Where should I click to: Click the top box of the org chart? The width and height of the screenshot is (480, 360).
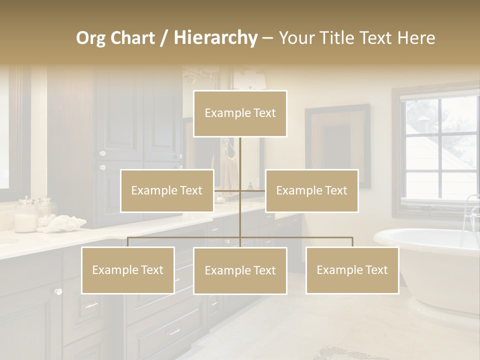(x=240, y=113)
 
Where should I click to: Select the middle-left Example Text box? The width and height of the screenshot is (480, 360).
(x=167, y=191)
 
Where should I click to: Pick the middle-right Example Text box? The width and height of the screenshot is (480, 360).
(x=311, y=191)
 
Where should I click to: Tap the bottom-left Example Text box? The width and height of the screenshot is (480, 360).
(x=127, y=270)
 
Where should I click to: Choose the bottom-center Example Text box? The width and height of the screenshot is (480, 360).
(x=240, y=271)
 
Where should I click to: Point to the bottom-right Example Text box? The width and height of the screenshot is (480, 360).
(x=352, y=270)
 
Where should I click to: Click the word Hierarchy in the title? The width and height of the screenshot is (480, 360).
(x=215, y=37)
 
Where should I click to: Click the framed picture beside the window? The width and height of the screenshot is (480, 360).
(x=338, y=145)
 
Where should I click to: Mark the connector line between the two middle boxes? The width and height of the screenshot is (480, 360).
(x=239, y=190)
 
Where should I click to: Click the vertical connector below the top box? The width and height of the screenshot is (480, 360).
(x=240, y=155)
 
